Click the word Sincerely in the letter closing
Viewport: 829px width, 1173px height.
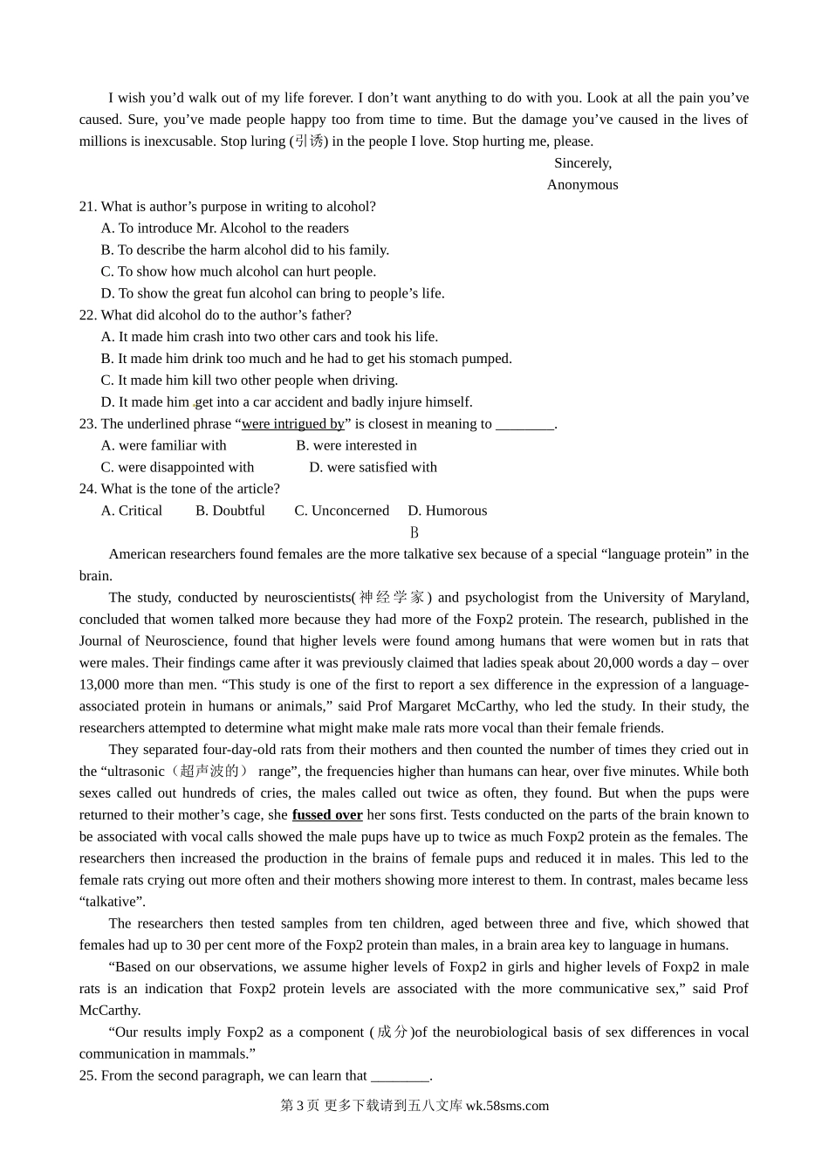pyautogui.click(x=582, y=163)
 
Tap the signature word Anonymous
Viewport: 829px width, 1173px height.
pyautogui.click(x=582, y=185)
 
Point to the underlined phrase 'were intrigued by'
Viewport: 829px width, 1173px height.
pyautogui.click(x=292, y=424)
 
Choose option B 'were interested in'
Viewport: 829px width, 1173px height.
pyautogui.click(x=356, y=446)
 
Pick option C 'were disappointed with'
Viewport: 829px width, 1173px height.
pyautogui.click(x=177, y=468)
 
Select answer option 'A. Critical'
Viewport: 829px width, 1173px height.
pyautogui.click(x=132, y=511)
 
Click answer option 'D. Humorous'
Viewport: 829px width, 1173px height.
pyautogui.click(x=447, y=511)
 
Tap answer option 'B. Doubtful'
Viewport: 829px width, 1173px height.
pyautogui.click(x=230, y=511)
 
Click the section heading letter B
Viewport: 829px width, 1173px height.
pyautogui.click(x=414, y=532)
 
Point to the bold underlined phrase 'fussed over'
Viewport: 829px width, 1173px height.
pyautogui.click(x=327, y=815)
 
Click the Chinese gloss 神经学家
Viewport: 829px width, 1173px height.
pyautogui.click(x=392, y=598)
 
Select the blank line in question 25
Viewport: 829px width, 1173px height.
pyautogui.click(x=401, y=1077)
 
